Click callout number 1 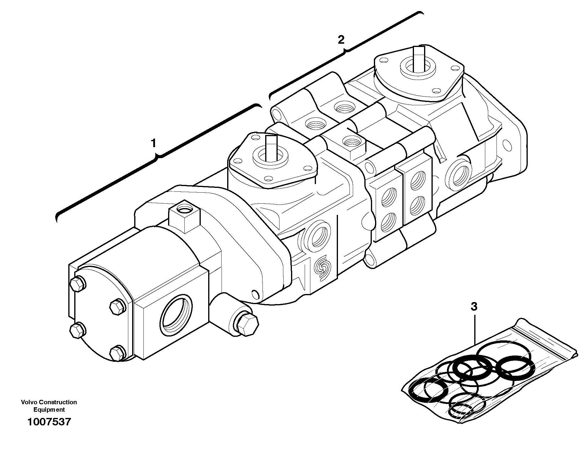(x=153, y=144)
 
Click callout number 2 (x=341, y=40)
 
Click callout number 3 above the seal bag (x=474, y=306)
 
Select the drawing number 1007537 (x=49, y=422)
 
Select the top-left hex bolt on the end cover (x=78, y=284)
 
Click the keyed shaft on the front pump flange (x=271, y=148)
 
